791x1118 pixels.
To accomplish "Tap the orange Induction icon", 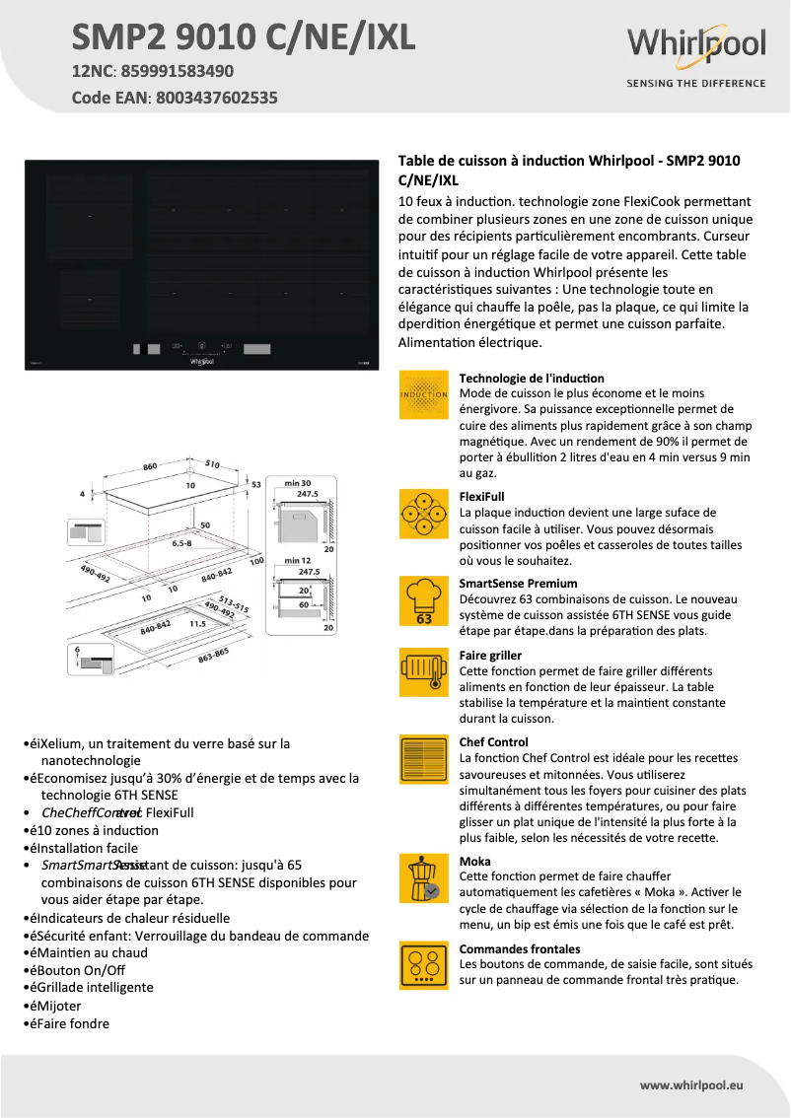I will (x=423, y=395).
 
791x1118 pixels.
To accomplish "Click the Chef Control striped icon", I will (x=423, y=759).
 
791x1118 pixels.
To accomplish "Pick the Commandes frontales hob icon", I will (x=423, y=965).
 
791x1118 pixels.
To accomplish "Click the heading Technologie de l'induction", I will (x=532, y=379).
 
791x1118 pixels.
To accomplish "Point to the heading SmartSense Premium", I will (x=518, y=584).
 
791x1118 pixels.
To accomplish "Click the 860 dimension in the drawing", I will (x=150, y=465).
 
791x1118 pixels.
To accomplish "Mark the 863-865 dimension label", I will (x=212, y=654).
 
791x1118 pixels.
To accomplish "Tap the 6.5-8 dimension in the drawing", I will (x=181, y=543).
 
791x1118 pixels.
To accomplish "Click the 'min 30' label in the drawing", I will (x=297, y=482).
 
